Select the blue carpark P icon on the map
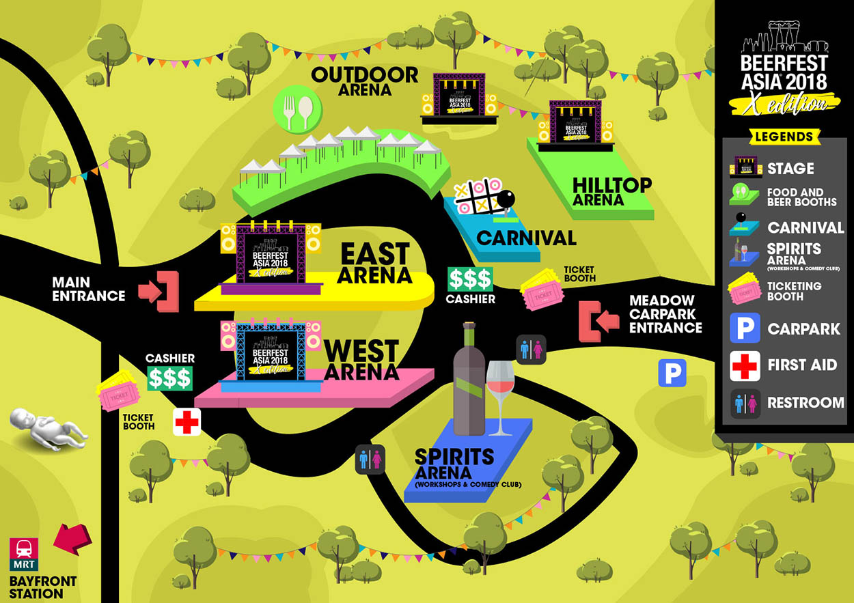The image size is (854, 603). coord(672,374)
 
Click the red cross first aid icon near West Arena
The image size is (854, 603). coord(187,422)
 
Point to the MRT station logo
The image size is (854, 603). coord(23,554)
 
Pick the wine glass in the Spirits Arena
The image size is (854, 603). coord(500,397)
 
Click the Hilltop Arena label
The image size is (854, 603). coord(611,191)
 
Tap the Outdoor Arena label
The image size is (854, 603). coord(364,81)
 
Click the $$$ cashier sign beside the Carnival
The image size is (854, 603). coord(469,279)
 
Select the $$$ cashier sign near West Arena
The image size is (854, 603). coord(170,378)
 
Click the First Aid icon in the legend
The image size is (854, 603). coord(745,365)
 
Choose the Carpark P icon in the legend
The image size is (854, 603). coord(745,328)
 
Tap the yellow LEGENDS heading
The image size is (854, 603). coord(784,137)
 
